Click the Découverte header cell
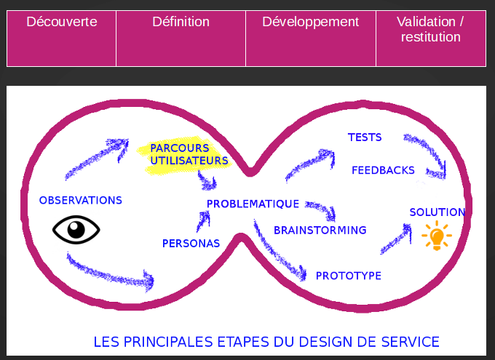[62, 38]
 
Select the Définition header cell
[181, 38]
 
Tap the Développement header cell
[311, 38]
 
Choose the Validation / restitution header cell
[431, 38]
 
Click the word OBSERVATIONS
[81, 200]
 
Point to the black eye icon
[76, 231]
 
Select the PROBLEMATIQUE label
[253, 204]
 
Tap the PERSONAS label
[191, 243]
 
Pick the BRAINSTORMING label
[320, 231]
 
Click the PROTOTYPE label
[349, 276]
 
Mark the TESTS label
[365, 137]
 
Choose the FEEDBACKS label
[383, 170]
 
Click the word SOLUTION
[437, 212]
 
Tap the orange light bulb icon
[437, 236]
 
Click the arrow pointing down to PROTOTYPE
[280, 253]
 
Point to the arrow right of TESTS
[426, 155]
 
